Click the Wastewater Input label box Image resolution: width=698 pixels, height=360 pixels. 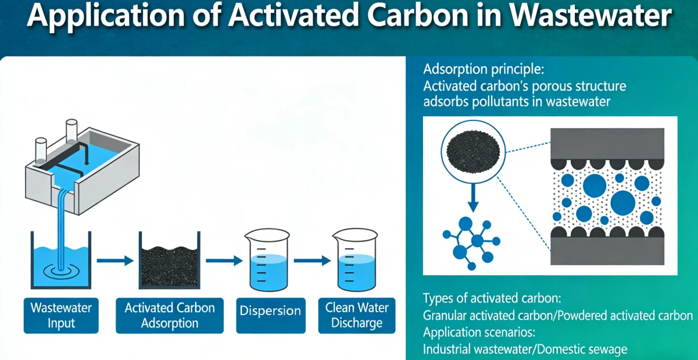(61, 315)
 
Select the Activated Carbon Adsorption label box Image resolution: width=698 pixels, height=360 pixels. (170, 315)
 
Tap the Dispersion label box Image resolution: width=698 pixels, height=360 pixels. (271, 311)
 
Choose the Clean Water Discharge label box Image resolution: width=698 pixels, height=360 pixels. (356, 315)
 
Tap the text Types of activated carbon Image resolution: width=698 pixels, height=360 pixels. (492, 299)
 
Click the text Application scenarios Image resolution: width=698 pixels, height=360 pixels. (479, 333)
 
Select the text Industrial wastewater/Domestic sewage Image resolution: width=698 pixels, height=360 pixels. (525, 350)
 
